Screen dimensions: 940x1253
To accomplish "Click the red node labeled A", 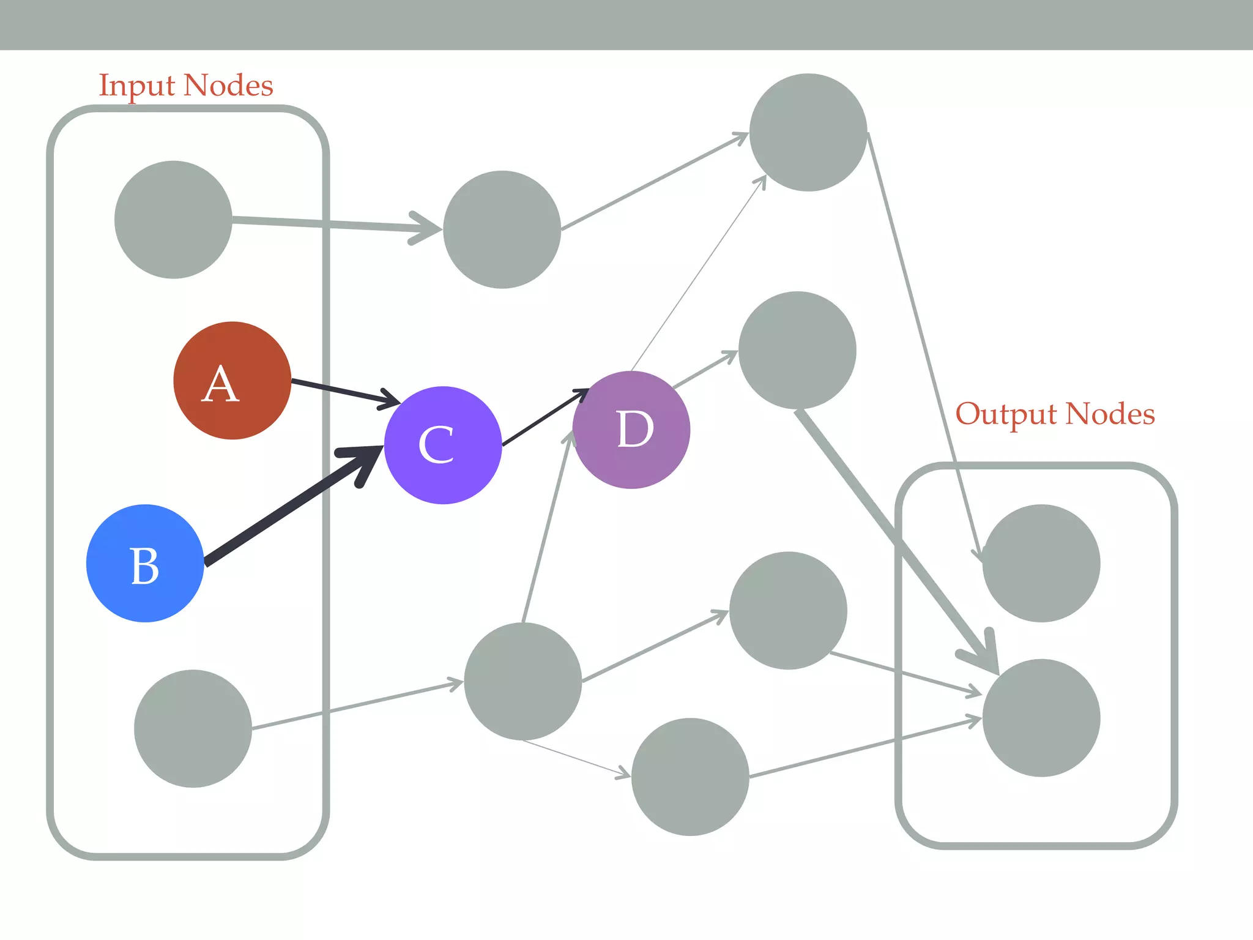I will click(x=232, y=380).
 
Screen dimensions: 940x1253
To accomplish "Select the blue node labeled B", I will click(x=145, y=563).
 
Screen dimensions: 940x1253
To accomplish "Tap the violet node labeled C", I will click(x=443, y=445).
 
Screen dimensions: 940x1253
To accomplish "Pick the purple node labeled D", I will click(x=631, y=430).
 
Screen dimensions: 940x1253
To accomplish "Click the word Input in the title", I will click(x=136, y=85).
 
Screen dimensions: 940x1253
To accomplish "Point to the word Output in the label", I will click(x=1006, y=414).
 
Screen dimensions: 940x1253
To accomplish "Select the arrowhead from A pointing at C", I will click(x=390, y=400).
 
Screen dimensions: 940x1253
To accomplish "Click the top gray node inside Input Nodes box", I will click(x=173, y=220).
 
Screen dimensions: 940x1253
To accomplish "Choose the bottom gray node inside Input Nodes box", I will click(x=193, y=728).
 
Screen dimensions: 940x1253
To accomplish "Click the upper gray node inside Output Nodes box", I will click(x=1041, y=563).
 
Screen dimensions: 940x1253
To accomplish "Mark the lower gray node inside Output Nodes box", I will click(x=1041, y=718).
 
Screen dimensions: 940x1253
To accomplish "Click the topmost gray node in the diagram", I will click(x=808, y=132).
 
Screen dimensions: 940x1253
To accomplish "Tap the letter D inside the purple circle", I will click(x=635, y=429).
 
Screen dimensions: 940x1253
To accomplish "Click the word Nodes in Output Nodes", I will click(x=1110, y=414).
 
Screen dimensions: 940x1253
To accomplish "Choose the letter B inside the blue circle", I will click(x=145, y=565).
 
